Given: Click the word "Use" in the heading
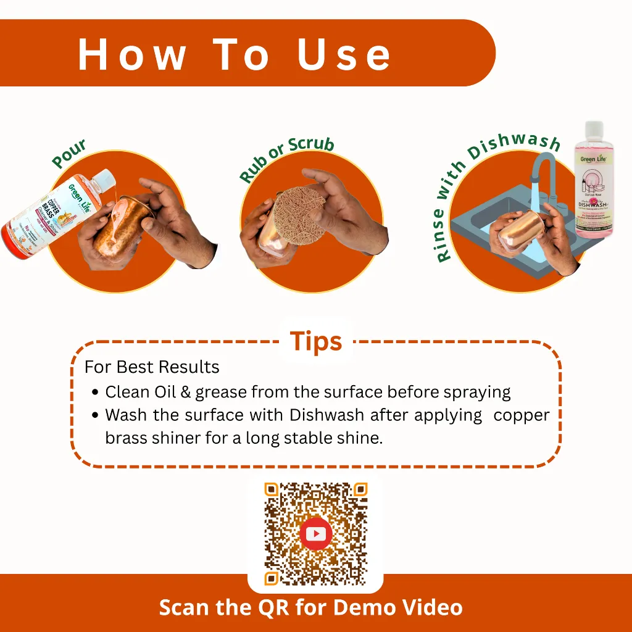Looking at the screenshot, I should coord(344,54).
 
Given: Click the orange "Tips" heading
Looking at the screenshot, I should coord(315,341).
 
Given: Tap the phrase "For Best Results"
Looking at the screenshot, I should coord(152,367).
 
